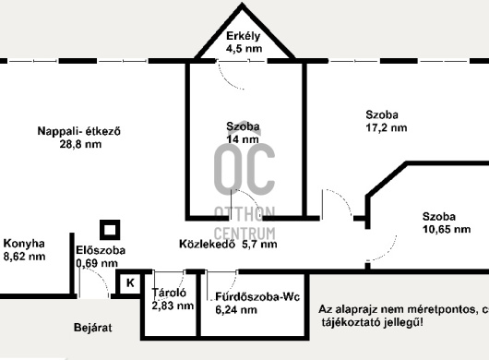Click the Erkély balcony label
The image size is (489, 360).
[243, 36]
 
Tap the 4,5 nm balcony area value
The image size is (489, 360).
[244, 49]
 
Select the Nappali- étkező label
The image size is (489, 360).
[79, 131]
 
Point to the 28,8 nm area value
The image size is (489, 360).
[80, 144]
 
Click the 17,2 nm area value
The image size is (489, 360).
[387, 127]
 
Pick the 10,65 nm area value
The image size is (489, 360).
[447, 229]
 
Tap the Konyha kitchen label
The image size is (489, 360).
[24, 244]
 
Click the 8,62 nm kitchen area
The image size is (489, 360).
[24, 257]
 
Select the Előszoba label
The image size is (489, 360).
[101, 250]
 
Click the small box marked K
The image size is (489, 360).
[130, 283]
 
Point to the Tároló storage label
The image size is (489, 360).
[169, 293]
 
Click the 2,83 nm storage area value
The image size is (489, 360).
[173, 306]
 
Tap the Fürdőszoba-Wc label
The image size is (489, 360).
[257, 296]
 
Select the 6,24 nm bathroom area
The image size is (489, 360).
[236, 310]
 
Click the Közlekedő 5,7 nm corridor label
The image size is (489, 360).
[228, 244]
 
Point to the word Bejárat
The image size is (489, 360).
[93, 328]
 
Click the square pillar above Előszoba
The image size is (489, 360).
[110, 230]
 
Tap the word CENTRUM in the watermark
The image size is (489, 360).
[244, 234]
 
